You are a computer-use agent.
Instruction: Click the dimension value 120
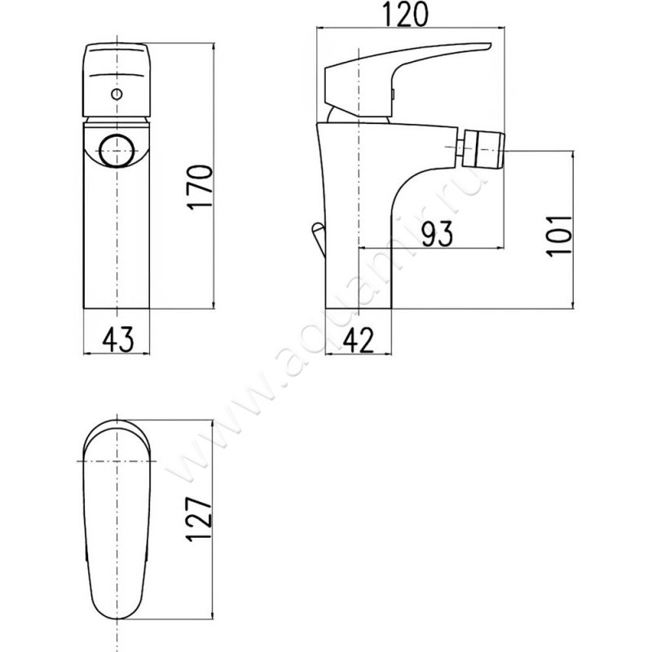click(405, 14)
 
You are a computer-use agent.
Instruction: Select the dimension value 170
click(200, 187)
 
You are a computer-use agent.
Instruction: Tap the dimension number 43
click(117, 339)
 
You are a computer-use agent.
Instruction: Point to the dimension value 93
click(437, 234)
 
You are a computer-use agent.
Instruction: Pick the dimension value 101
click(559, 236)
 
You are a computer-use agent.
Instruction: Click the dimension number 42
click(358, 340)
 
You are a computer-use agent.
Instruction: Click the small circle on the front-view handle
click(117, 95)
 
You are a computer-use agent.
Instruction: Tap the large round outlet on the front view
click(117, 151)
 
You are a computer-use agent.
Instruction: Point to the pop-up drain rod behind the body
click(319, 239)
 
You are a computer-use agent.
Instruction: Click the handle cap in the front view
click(117, 79)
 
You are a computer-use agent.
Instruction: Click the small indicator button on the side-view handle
click(393, 95)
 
